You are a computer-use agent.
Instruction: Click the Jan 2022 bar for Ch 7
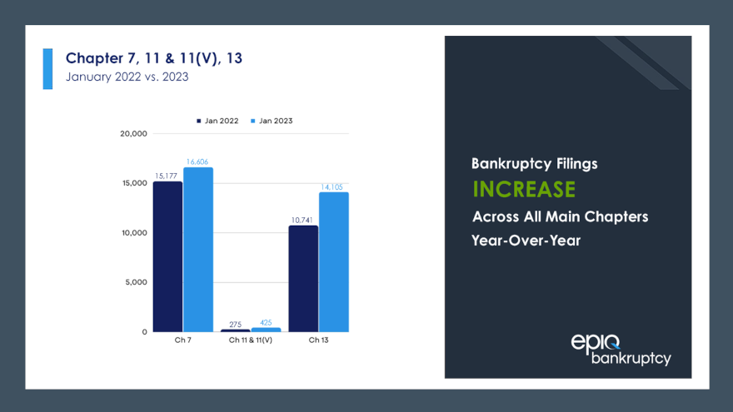[167, 256]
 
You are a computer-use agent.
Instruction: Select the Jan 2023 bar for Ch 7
[198, 250]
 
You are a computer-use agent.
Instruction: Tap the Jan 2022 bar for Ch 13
[303, 278]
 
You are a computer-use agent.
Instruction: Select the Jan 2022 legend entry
[217, 121]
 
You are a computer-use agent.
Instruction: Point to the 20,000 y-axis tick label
[133, 133]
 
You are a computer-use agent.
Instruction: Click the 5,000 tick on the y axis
[136, 282]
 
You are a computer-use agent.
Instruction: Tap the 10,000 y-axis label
[133, 232]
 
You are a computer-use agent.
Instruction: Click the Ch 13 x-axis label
[318, 340]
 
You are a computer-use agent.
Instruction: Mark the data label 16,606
[198, 161]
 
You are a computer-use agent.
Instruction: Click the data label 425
[266, 322]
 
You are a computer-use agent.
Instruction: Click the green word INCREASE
[523, 190]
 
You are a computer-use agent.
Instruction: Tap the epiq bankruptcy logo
[621, 349]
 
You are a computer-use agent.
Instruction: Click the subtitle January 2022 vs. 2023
[127, 77]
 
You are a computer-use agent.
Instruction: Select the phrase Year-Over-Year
[525, 241]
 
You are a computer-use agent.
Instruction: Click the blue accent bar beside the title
[47, 68]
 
